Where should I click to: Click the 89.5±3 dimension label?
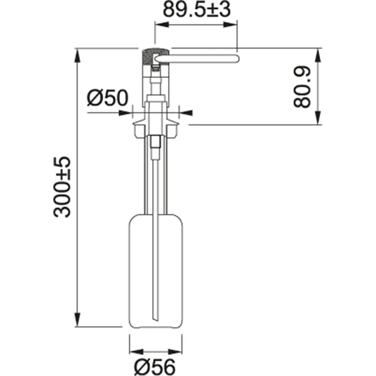197,10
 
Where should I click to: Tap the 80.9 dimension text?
302,87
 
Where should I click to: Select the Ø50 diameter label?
107,98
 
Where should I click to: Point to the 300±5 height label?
62,187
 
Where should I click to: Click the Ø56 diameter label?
155,366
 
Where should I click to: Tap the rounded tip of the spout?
237,59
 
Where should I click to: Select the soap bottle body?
156,271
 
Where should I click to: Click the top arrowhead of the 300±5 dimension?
78,56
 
